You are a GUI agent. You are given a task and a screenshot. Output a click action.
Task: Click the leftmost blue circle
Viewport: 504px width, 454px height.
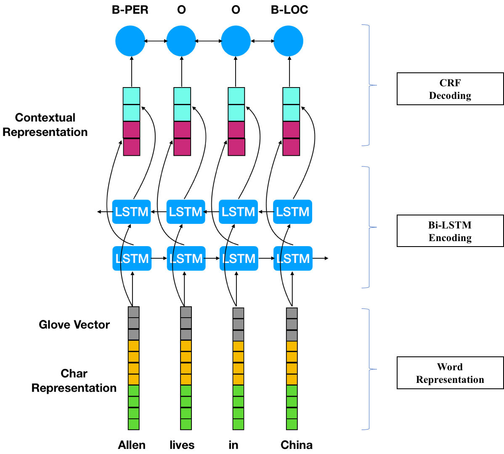click(x=130, y=41)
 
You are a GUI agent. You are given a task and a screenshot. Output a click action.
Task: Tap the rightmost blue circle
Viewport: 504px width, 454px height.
click(x=288, y=41)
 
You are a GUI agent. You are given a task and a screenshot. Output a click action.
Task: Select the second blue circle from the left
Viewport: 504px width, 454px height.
click(x=181, y=41)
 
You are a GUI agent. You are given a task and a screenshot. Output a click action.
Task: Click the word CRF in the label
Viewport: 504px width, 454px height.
click(x=450, y=83)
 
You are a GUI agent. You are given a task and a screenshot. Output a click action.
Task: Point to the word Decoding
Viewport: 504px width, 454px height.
click(x=450, y=96)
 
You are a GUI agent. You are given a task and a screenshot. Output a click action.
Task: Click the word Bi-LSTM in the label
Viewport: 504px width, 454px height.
click(x=450, y=225)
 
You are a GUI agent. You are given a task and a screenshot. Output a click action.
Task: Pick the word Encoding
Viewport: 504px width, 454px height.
click(x=450, y=238)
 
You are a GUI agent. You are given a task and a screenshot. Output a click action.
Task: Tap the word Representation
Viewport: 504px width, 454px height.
click(x=450, y=380)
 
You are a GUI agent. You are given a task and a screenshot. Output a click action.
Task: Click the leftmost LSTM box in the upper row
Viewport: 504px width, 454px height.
click(x=131, y=212)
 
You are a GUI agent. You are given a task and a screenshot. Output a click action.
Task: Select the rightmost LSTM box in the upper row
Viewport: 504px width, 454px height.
click(x=293, y=212)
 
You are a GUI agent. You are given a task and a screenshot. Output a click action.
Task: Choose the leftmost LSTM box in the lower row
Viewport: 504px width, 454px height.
click(x=132, y=258)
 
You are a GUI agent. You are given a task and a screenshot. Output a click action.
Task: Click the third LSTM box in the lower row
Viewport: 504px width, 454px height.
click(x=239, y=258)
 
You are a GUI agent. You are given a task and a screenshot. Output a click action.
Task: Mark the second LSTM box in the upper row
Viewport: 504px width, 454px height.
click(x=186, y=212)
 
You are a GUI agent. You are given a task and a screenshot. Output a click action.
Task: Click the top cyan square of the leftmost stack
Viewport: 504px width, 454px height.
click(x=131, y=96)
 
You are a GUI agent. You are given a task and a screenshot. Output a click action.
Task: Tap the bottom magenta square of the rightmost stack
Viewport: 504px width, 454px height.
click(x=291, y=147)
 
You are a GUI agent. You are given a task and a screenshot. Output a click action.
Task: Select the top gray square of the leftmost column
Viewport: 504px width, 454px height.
click(x=133, y=312)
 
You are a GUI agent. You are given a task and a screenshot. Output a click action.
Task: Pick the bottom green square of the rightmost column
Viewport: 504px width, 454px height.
click(x=292, y=424)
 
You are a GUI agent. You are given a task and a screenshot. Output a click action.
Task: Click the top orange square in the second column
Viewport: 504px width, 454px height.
click(x=186, y=346)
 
